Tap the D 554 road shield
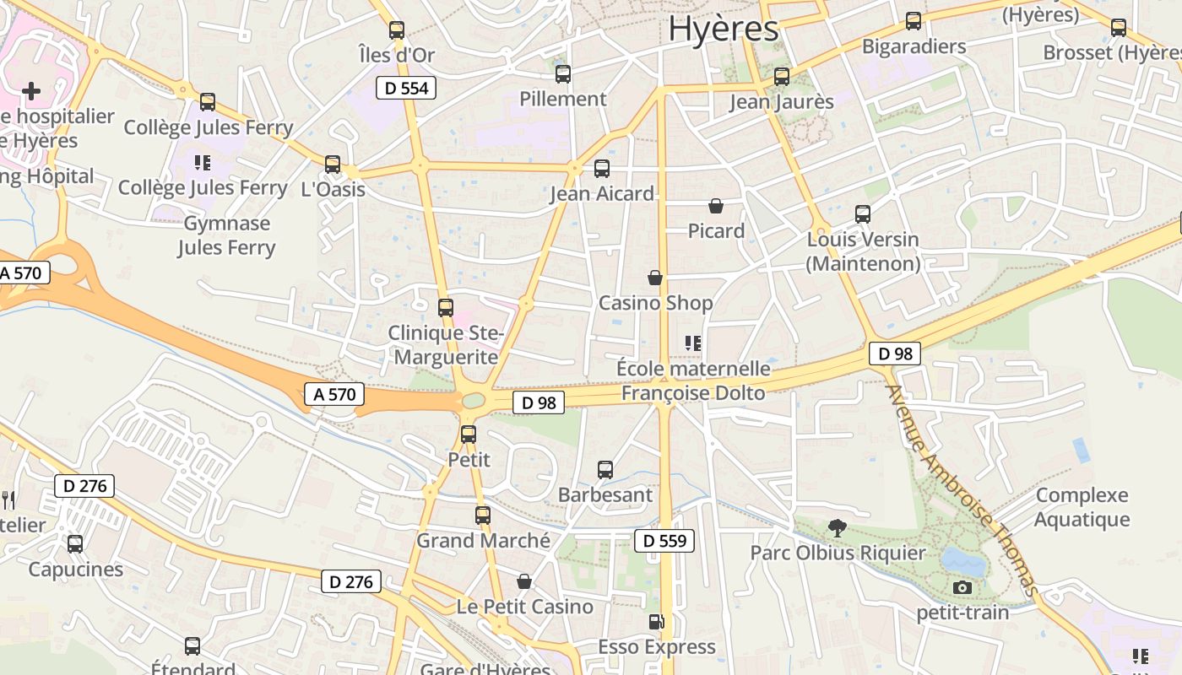[406, 88]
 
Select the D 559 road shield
[664, 541]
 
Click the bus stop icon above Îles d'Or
[397, 30]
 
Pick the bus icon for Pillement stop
[563, 74]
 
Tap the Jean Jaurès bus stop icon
[782, 77]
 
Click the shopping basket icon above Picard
[716, 206]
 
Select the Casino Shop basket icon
[655, 278]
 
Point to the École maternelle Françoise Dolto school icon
[693, 343]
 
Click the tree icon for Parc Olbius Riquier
[838, 528]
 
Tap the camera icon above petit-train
[962, 587]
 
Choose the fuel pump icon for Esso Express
[656, 623]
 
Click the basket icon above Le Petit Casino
[524, 581]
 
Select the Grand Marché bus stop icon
[483, 515]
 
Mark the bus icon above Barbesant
[605, 470]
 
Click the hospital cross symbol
[31, 90]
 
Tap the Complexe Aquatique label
[1082, 507]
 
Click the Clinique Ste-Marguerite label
[446, 345]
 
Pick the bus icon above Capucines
[75, 544]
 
